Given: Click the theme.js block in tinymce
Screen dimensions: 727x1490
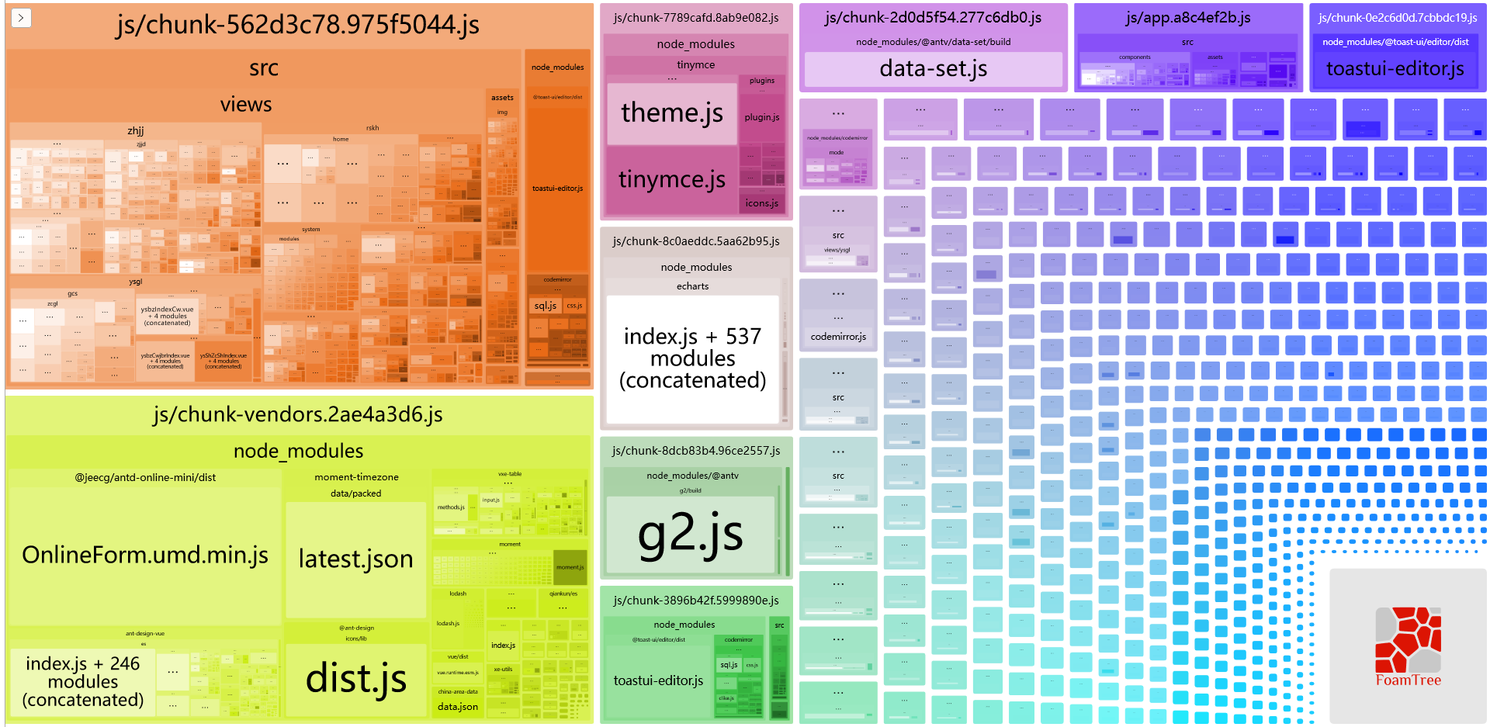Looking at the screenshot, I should (x=671, y=113).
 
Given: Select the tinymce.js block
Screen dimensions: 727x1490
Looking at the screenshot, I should (x=671, y=180).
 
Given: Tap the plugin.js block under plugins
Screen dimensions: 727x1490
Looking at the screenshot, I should (x=761, y=117).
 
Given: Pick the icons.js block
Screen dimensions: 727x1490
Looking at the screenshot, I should (x=761, y=203).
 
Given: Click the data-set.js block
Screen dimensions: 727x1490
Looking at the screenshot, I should (x=933, y=69).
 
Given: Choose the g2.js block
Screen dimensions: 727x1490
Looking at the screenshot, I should (x=690, y=534).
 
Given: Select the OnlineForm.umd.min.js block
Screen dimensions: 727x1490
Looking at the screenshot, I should (x=145, y=555).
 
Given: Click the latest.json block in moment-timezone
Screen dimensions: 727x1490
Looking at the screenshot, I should (x=355, y=559).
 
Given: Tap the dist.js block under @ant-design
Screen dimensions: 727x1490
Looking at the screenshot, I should (x=355, y=678).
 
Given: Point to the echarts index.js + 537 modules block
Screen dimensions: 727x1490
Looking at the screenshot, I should (x=692, y=358).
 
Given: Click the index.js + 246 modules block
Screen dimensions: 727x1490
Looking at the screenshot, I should (x=83, y=681).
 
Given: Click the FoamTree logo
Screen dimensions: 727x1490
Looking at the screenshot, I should (x=1408, y=646).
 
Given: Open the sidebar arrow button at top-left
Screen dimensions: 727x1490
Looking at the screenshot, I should (x=21, y=17).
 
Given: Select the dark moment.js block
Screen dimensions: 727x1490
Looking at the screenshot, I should (x=570, y=567).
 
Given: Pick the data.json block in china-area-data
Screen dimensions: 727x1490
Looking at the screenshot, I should (x=458, y=707).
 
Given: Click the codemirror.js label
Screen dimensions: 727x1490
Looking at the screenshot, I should (x=838, y=337).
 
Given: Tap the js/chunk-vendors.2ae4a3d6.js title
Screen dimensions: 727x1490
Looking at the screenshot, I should (x=298, y=414).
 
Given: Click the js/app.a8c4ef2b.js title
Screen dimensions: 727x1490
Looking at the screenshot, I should (x=1187, y=18).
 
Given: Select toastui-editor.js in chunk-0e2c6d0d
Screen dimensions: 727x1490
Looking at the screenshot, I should (x=1395, y=69).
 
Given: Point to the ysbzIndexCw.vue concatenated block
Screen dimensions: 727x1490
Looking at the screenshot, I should (x=168, y=315).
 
